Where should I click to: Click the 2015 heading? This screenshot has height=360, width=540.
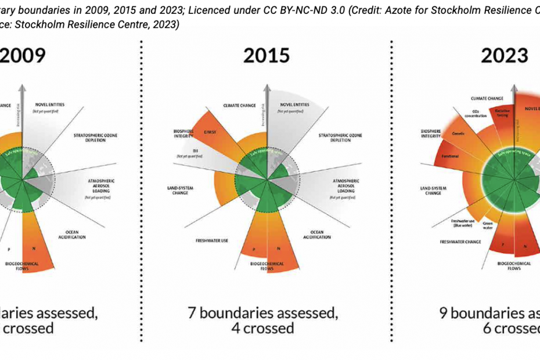coord(267,56)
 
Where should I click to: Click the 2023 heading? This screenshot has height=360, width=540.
coord(504,56)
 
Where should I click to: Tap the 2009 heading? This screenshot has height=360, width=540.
coord(23,56)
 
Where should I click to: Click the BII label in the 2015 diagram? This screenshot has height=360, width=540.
coord(181,151)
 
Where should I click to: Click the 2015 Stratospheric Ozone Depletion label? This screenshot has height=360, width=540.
coord(340,137)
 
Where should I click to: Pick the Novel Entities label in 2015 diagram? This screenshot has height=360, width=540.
coord(294,105)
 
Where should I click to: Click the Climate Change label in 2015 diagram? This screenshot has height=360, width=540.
coord(240,105)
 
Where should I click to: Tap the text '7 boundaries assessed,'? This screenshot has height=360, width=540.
coord(262,312)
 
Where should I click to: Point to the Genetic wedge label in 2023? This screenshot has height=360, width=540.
coord(458,133)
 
